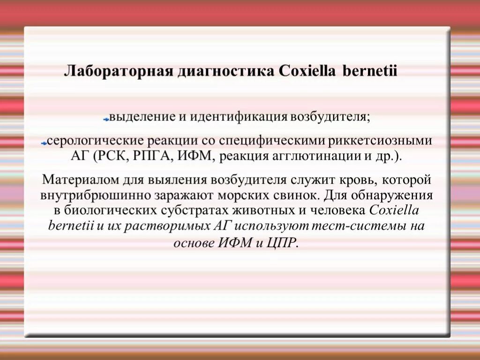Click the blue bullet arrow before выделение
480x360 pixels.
106,120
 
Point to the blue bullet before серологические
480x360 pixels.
44,143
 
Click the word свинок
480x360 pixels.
288,195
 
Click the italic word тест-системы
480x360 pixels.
364,226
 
